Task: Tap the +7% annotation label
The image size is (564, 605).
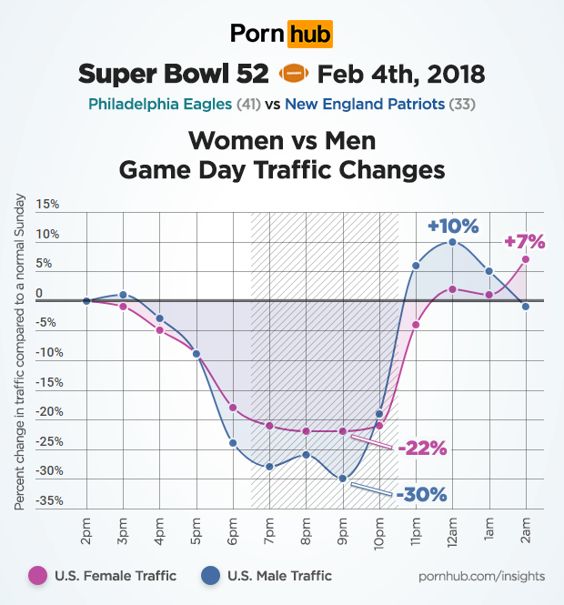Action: (524, 241)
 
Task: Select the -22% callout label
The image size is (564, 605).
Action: (421, 448)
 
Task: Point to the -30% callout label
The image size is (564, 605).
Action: (421, 494)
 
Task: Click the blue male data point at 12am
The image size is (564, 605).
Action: (452, 242)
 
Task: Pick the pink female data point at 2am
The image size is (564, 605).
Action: (526, 259)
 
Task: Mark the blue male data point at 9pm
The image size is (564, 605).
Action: (343, 478)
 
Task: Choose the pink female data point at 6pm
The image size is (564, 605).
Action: (233, 407)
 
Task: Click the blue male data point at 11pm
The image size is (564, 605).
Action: (416, 266)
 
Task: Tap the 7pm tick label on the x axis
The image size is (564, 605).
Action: (270, 530)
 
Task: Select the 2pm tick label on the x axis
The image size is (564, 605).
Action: (86, 530)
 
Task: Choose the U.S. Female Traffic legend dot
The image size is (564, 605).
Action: (37, 575)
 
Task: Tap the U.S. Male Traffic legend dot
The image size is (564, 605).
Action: (210, 575)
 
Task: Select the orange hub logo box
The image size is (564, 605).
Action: (310, 35)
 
